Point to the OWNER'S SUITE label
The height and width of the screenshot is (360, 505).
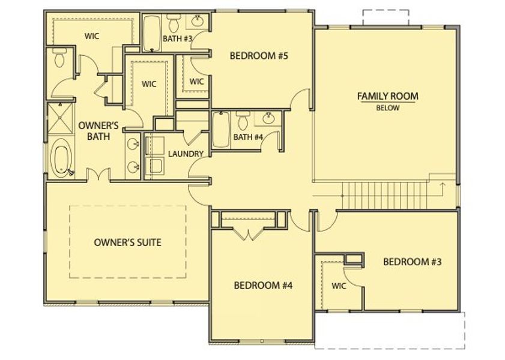point(128,243)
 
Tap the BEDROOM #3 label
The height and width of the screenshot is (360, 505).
point(413,262)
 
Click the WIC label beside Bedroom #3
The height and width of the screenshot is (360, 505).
point(339,286)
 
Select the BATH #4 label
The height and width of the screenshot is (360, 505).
point(248,137)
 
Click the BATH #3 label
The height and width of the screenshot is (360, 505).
point(177,39)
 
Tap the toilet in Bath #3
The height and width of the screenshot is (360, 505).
point(174,24)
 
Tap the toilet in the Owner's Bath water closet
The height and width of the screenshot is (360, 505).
point(59,60)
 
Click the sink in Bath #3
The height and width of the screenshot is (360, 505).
point(198,23)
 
